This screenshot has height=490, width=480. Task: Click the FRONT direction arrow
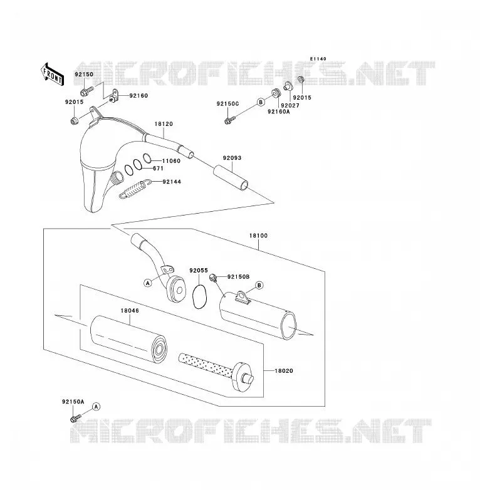coord(53,75)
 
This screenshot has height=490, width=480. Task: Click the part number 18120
coord(164,124)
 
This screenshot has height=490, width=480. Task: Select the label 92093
coord(232,158)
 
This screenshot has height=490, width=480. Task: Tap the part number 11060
coord(171,161)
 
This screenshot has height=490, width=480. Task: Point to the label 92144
coord(172,182)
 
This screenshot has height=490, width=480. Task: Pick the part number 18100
coord(258,236)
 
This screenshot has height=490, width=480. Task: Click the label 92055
coord(199,270)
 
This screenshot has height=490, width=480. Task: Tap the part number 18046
coord(130,311)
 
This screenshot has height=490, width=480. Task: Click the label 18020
coord(284,371)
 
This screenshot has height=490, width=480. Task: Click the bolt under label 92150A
coord(75,419)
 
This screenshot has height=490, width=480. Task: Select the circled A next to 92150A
coord(97,407)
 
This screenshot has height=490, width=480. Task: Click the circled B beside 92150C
coord(260,102)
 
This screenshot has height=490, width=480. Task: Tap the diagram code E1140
coord(318,59)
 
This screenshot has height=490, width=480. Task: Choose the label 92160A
coord(278,112)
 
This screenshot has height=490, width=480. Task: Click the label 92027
coord(290,106)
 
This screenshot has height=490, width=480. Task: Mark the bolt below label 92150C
coord(229,120)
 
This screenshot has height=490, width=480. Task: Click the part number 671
coord(158,169)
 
